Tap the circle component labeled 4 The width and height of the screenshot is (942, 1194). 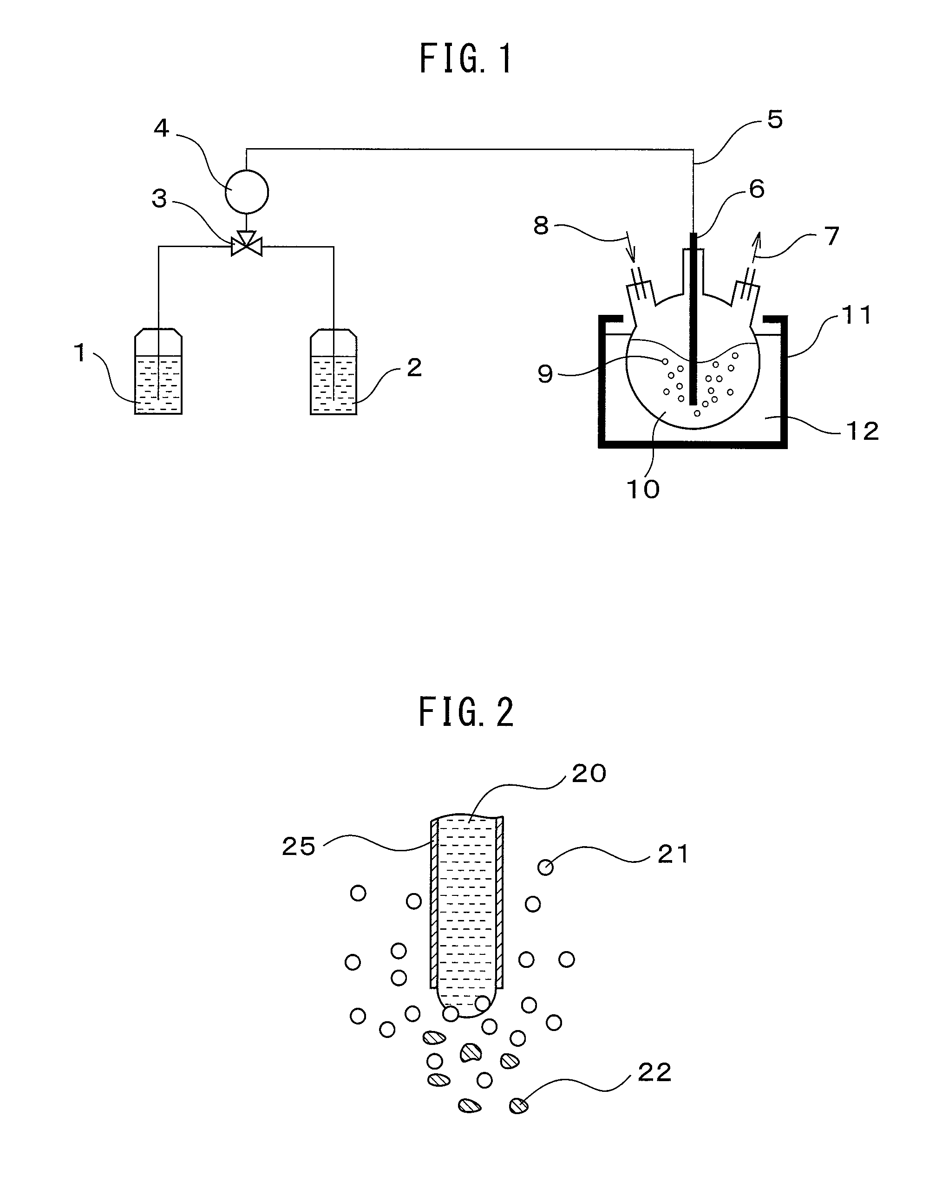247,192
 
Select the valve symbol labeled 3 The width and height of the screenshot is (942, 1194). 247,244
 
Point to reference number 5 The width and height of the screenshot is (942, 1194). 774,120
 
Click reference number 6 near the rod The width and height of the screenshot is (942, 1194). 757,190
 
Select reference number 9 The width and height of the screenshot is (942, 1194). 545,374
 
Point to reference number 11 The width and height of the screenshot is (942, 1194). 856,315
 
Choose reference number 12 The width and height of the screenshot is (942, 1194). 862,431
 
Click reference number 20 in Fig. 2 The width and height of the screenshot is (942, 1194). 589,774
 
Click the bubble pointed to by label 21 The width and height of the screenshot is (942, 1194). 545,868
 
